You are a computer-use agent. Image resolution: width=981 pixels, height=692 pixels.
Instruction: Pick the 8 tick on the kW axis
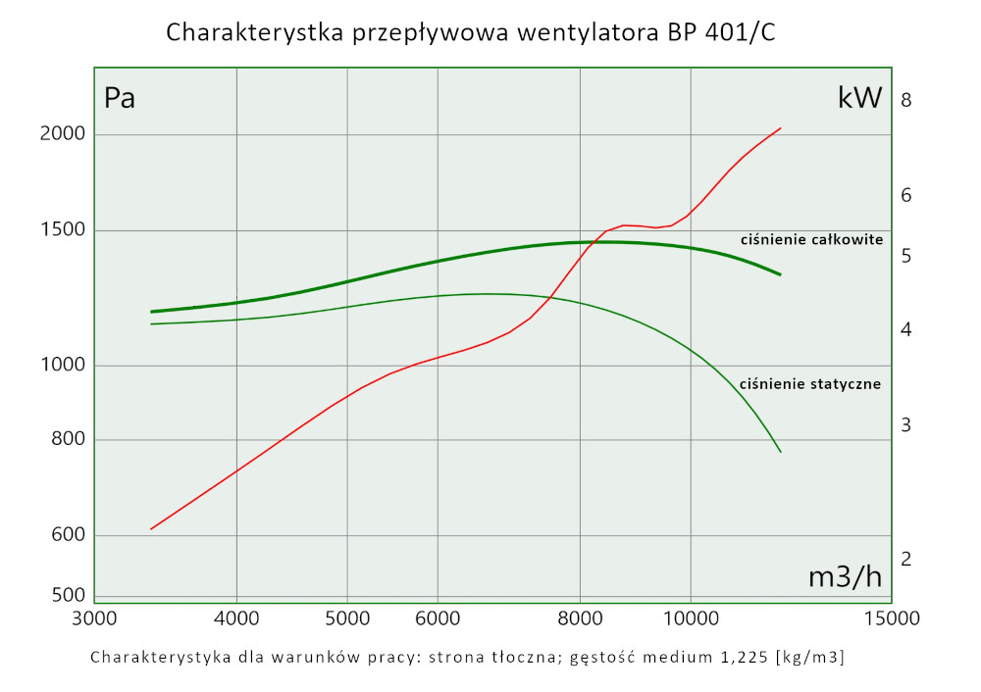pos(906,100)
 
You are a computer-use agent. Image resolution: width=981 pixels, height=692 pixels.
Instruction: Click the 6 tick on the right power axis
pos(906,196)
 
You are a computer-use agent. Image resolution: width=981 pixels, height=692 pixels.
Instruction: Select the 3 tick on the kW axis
pos(906,425)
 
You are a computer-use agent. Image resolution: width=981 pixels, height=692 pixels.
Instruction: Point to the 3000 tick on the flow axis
pos(93,618)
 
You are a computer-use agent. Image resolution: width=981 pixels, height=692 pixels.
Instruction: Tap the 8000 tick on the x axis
pos(581,618)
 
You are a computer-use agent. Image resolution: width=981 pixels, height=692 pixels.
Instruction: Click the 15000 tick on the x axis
pos(891,618)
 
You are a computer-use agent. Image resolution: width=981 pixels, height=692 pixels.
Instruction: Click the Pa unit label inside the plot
pos(120,98)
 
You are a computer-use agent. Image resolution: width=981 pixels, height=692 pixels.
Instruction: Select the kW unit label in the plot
pos(860,98)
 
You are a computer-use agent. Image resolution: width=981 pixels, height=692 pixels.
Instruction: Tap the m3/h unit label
pos(845,577)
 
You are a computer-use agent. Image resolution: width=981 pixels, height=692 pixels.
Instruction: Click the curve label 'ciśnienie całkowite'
pos(811,239)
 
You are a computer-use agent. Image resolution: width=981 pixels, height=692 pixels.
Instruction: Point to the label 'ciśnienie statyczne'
pos(810,384)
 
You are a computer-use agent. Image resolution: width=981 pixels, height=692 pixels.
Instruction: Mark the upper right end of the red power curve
pos(781,127)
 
